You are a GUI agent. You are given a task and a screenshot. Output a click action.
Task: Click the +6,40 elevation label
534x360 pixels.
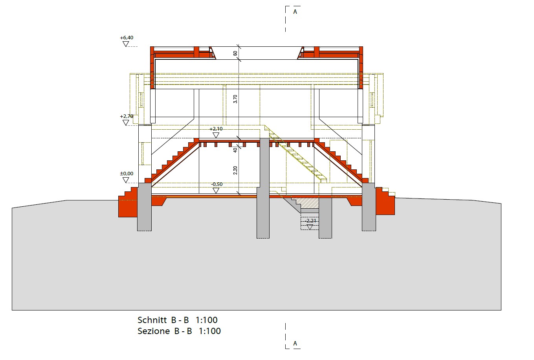click(127, 38)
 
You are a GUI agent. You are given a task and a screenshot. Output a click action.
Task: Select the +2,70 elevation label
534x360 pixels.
click(127, 116)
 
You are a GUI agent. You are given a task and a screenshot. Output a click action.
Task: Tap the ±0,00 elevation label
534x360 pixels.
click(127, 174)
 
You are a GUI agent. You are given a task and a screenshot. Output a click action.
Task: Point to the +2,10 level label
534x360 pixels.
click(216, 129)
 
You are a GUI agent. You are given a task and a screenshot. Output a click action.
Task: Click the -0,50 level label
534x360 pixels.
click(217, 184)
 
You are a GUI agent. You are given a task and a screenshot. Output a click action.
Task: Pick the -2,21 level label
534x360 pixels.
click(310, 221)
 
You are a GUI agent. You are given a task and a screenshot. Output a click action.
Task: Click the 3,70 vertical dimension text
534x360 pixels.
click(235, 99)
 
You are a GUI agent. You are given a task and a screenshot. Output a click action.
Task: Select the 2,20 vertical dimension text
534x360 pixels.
click(235, 170)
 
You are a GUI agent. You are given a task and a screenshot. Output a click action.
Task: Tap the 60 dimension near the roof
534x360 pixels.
click(235, 53)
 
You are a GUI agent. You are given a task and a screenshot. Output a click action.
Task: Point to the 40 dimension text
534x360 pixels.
click(235, 150)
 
